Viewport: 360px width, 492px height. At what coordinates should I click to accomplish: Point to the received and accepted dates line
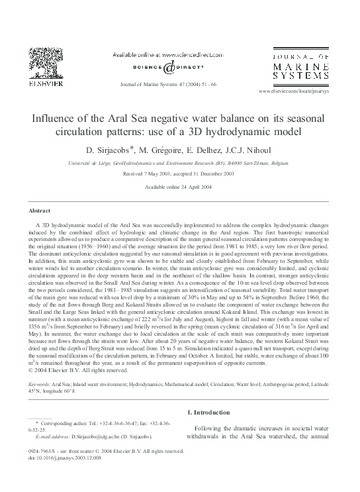(179, 175)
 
